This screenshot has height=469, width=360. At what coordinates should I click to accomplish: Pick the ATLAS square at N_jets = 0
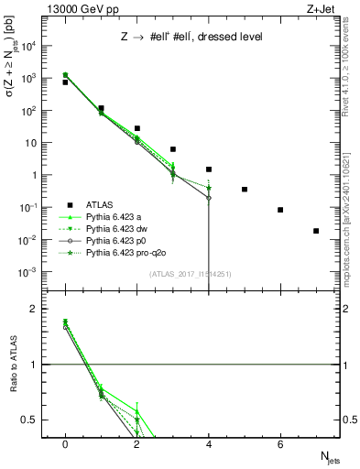65,82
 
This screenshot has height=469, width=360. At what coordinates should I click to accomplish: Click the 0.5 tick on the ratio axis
34,420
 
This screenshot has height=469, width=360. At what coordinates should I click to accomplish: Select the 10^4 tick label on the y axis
31,45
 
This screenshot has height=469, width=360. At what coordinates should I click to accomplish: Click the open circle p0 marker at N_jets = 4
209,198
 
